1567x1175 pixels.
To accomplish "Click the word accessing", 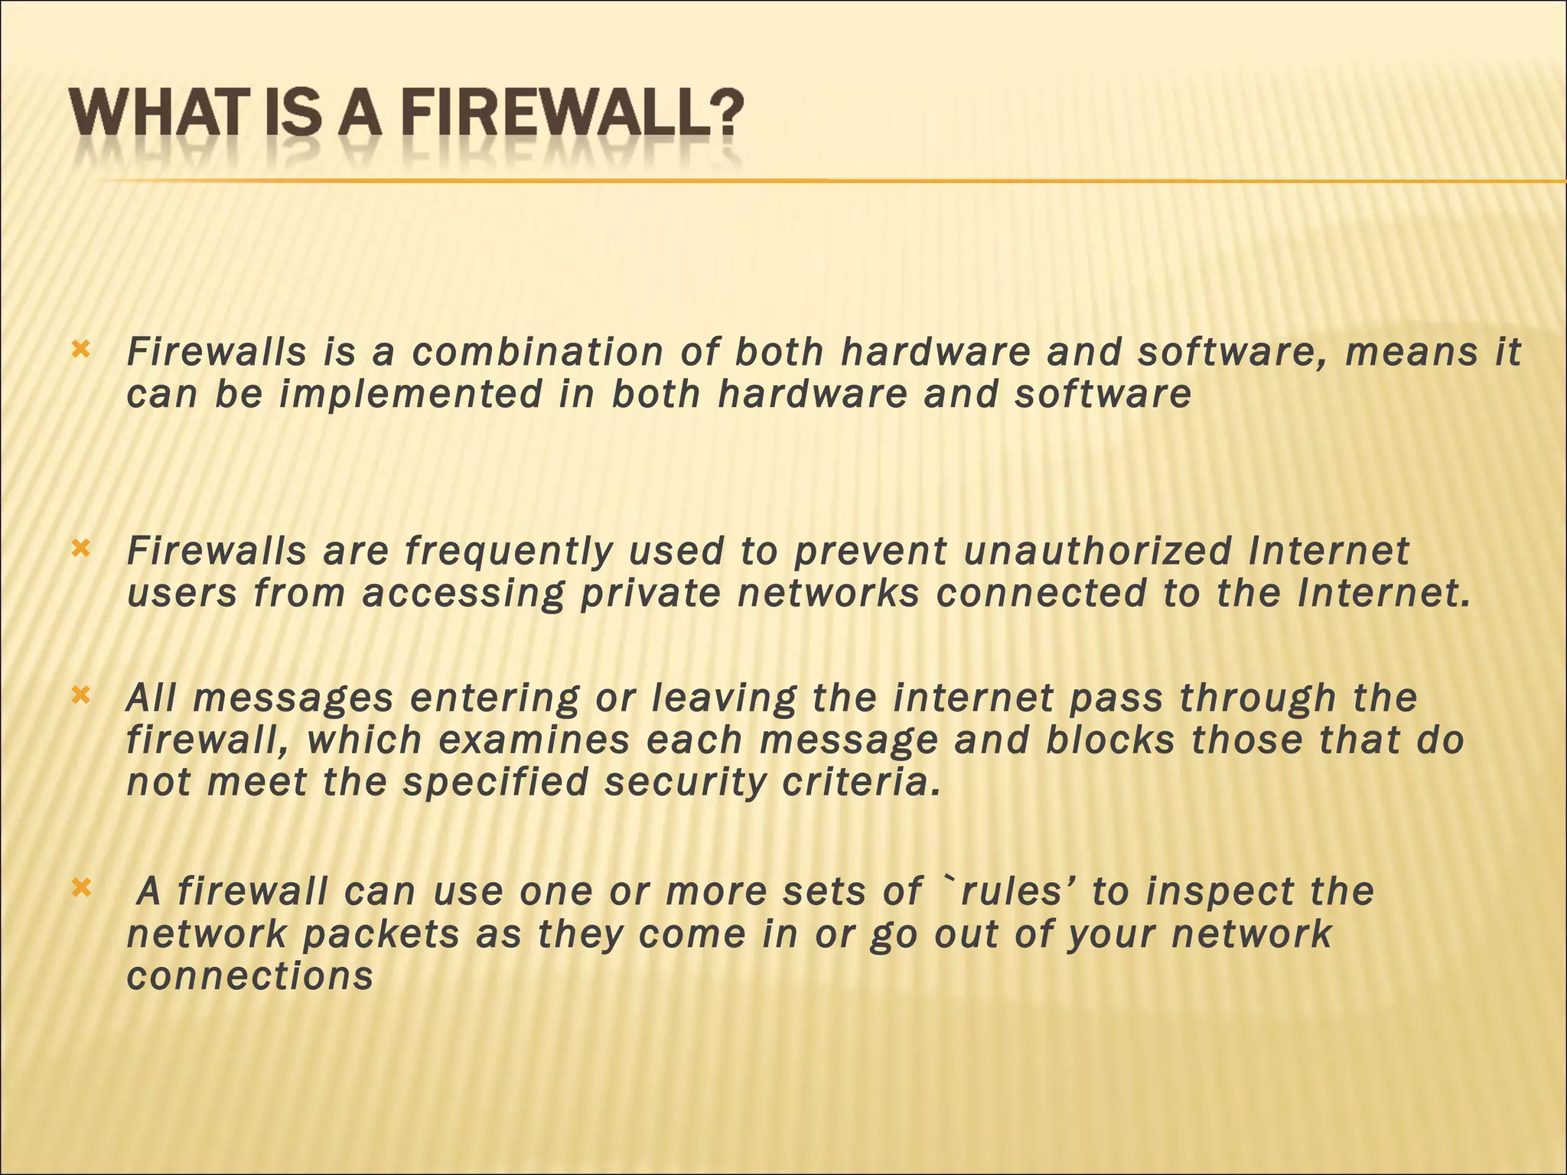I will [x=464, y=594].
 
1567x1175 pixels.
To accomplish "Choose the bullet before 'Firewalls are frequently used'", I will [x=80, y=548].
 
